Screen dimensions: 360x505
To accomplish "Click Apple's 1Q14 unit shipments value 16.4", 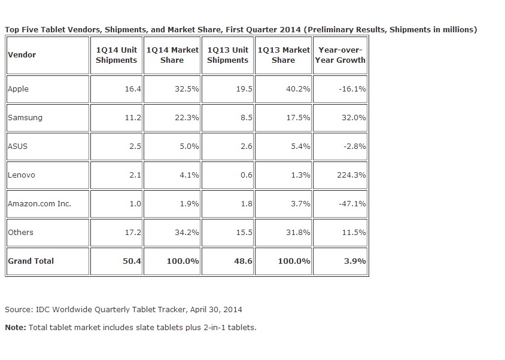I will pos(132,89).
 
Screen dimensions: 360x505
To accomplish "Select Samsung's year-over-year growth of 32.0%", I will pos(353,117).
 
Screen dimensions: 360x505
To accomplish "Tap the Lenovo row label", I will pos(21,175).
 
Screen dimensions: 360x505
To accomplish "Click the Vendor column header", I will pos(22,54).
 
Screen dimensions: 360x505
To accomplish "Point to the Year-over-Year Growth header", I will pos(340,54).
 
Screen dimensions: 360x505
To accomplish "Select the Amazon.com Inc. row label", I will pos(39,203).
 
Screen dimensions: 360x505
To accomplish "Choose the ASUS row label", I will pos(17,146).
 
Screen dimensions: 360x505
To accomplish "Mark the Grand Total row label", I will pos(31,261).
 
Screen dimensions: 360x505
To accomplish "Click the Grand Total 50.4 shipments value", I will pos(132,261).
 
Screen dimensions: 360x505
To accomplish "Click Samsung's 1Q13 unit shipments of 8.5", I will pos(245,117).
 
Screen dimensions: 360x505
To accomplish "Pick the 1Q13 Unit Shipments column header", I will pos(227,54).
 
